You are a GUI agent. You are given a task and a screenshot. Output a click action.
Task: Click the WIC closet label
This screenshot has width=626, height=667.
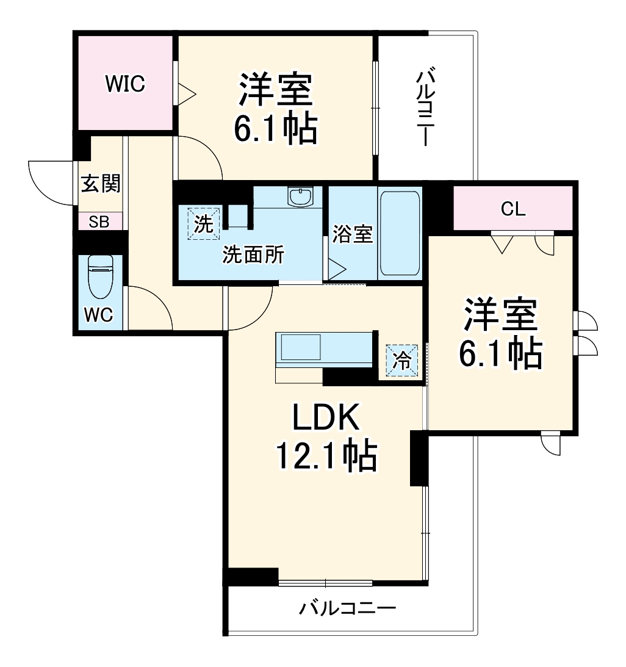126,84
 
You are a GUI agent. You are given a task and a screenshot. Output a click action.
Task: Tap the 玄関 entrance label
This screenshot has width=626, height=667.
101,184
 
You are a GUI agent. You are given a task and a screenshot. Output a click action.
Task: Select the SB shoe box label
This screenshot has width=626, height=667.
99,222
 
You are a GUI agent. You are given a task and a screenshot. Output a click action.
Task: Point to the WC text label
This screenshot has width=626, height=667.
99,315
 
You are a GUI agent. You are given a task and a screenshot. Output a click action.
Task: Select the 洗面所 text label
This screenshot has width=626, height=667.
253,255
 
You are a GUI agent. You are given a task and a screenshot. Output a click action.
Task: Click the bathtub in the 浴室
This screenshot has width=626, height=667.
400,234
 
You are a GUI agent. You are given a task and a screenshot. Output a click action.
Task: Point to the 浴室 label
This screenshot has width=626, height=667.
353,234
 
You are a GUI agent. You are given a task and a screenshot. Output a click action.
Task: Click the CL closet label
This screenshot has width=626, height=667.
513,209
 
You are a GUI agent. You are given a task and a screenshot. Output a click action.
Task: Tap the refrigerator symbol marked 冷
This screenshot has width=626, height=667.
401,360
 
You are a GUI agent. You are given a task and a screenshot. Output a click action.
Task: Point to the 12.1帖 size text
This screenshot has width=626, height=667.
326,456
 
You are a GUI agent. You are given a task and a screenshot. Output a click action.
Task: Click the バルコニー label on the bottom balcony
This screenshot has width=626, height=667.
348,608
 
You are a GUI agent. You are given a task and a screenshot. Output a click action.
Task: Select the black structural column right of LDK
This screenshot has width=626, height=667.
419,458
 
